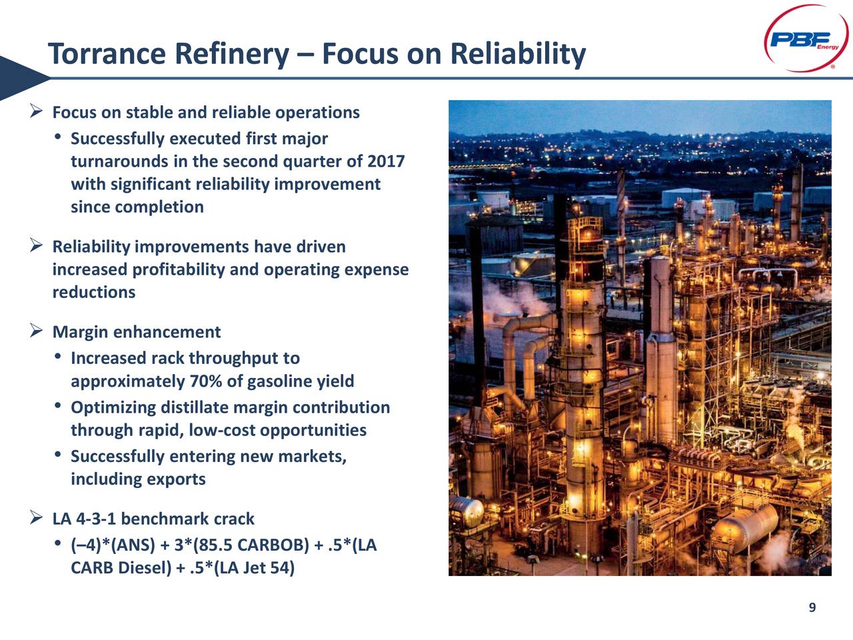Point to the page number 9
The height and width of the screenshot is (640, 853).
click(x=812, y=607)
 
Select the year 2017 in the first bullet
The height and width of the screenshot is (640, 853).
click(x=386, y=161)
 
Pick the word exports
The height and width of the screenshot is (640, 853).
click(x=176, y=479)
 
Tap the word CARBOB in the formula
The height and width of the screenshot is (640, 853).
click(x=273, y=545)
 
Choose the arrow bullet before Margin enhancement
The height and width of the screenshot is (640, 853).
click(x=37, y=331)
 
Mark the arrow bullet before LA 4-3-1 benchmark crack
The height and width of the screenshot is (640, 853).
click(x=37, y=518)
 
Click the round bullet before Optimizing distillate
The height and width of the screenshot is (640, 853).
click(x=59, y=407)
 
